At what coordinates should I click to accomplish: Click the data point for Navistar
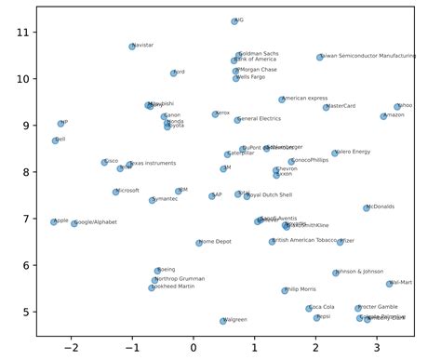pyautogui.click(x=132, y=46)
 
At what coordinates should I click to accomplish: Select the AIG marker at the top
pyautogui.click(x=234, y=20)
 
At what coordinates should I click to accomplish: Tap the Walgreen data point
pyautogui.click(x=223, y=321)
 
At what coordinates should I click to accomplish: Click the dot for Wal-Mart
pyautogui.click(x=389, y=284)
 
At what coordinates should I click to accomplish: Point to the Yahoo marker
pyautogui.click(x=397, y=107)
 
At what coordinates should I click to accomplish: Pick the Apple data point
pyautogui.click(x=53, y=221)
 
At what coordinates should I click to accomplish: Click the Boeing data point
pyautogui.click(x=158, y=271)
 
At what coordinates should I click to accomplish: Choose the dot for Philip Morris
pyautogui.click(x=285, y=290)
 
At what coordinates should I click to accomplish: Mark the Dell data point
pyautogui.click(x=55, y=140)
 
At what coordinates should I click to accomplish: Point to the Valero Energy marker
pyautogui.click(x=335, y=153)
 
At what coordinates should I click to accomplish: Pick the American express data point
pyautogui.click(x=282, y=100)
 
